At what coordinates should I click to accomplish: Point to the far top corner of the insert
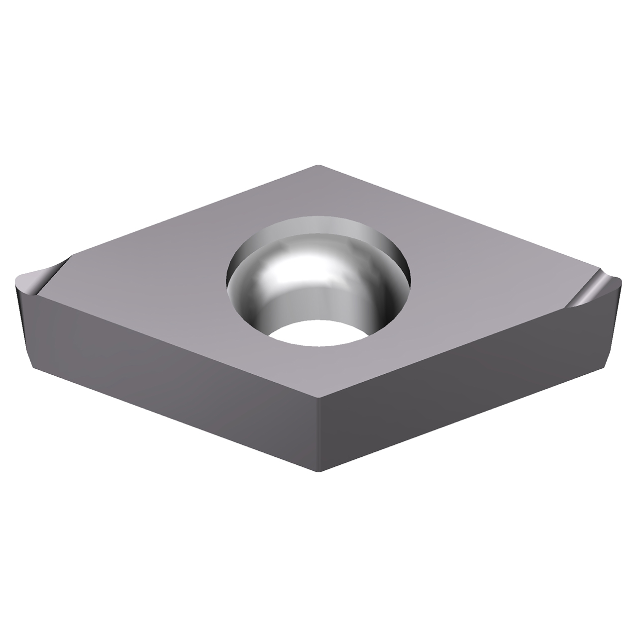click(318, 165)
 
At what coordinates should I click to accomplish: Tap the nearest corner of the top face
click(318, 398)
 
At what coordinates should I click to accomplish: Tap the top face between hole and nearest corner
click(318, 371)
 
